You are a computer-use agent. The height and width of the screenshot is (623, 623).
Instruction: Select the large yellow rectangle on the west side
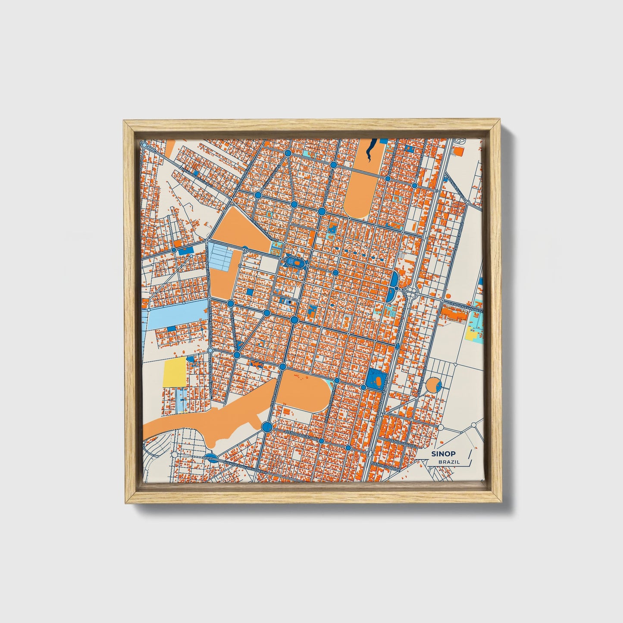[174, 371]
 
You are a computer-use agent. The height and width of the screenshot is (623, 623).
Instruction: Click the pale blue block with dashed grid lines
[224, 256]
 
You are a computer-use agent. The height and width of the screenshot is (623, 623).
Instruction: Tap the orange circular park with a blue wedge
[432, 385]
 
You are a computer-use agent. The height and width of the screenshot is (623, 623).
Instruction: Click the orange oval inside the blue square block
[378, 381]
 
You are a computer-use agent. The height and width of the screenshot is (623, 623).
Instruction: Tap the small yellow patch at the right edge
[472, 335]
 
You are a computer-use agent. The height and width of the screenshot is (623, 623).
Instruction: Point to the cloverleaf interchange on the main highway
[412, 291]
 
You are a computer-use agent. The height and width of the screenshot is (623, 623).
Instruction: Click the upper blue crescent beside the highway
[394, 280]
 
